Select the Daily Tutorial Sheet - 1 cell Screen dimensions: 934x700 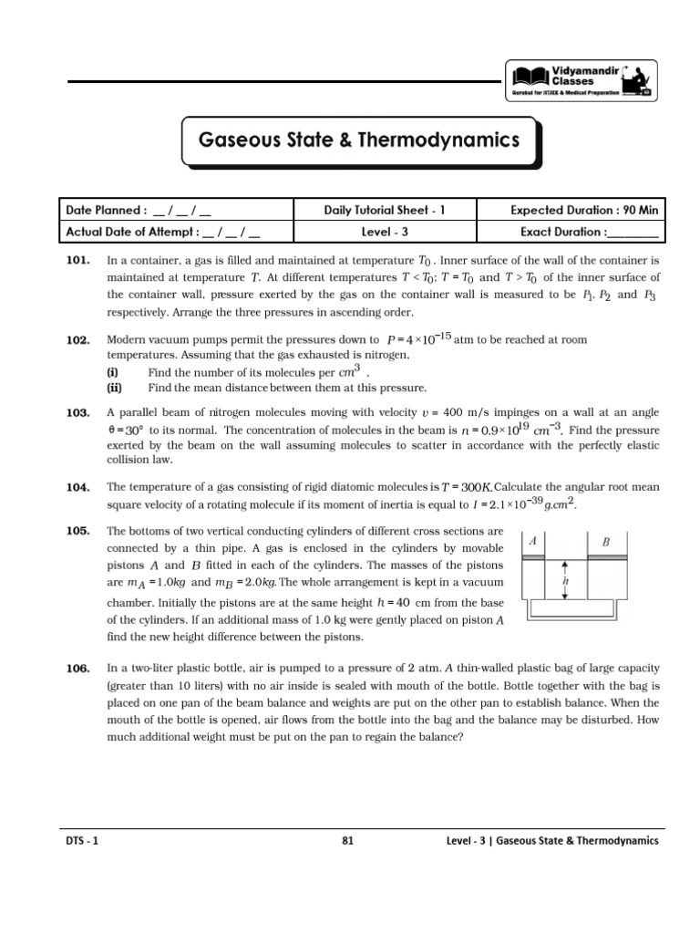click(385, 210)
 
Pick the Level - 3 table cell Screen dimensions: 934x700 click(385, 232)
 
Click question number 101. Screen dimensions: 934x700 click(77, 260)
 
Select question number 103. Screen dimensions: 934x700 click(77, 413)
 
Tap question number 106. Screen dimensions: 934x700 click(77, 669)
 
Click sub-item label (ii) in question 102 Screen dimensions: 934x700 click(115, 387)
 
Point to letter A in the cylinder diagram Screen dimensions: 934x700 click(533, 541)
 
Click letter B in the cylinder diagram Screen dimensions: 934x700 click(605, 541)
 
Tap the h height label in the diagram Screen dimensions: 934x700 click(567, 579)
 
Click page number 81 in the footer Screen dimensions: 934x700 click(347, 841)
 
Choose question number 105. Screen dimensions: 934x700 click(77, 531)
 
